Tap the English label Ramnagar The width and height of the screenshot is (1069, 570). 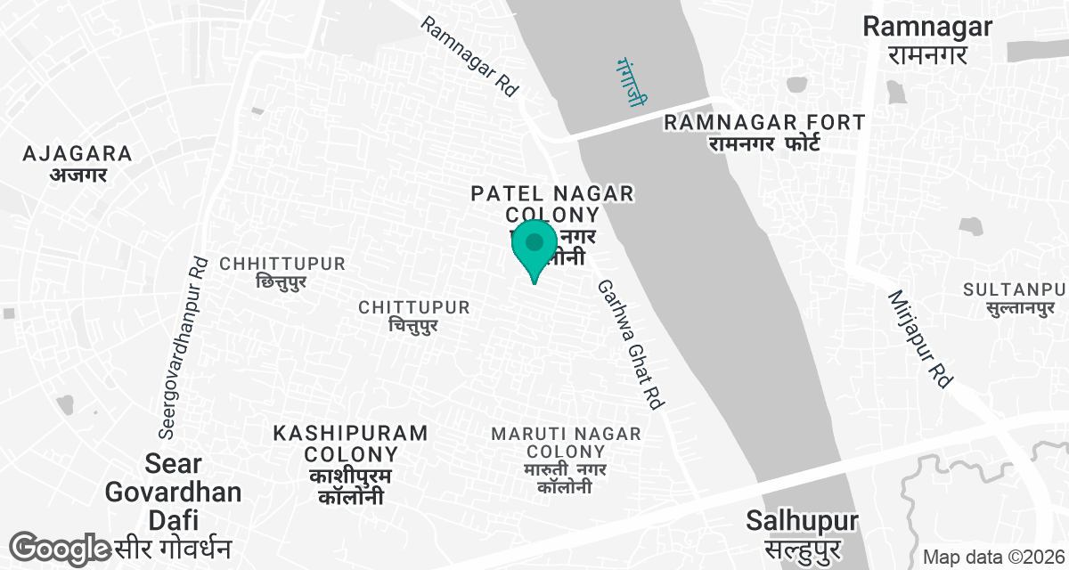tap(927, 27)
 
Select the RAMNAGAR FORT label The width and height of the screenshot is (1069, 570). tap(763, 122)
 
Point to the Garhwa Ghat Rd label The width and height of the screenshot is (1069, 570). tap(631, 345)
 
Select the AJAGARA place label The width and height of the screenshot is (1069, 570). tap(78, 153)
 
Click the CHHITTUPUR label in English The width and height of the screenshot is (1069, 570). tap(282, 265)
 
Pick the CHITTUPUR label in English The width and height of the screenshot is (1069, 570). tap(413, 307)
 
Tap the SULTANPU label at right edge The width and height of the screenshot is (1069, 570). tap(1014, 289)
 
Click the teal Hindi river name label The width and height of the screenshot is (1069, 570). tap(630, 83)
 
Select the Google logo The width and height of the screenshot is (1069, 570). tap(60, 548)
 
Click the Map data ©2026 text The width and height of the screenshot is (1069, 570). tap(992, 558)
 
